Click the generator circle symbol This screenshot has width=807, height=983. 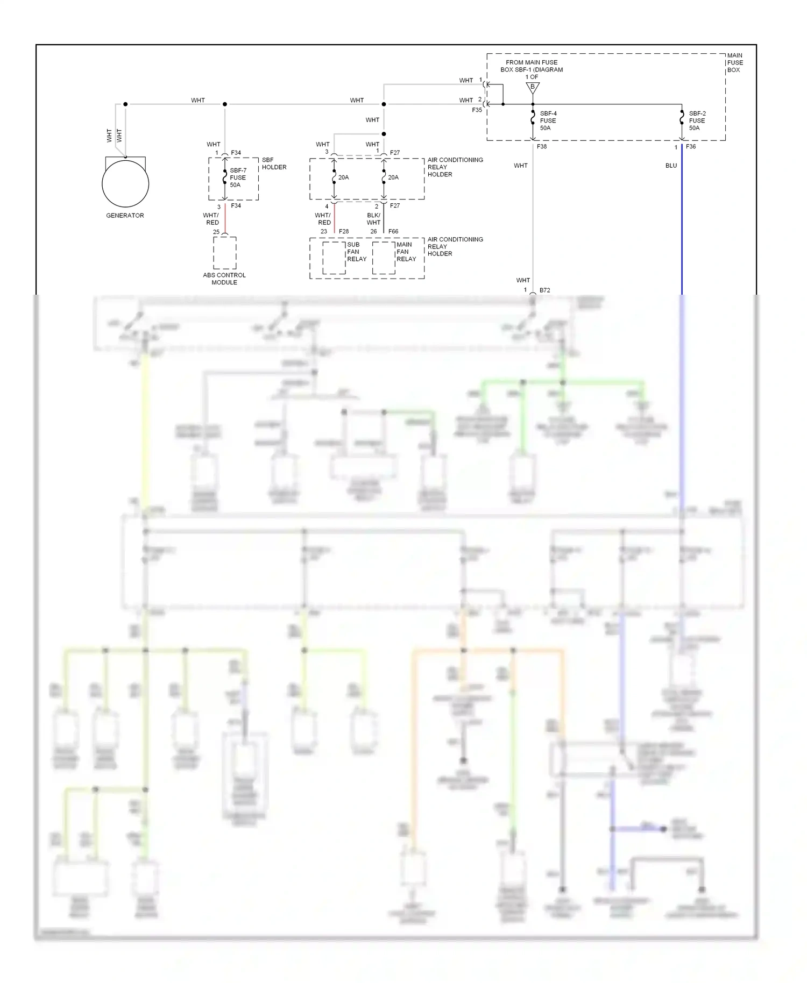125,183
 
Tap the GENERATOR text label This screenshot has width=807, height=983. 125,216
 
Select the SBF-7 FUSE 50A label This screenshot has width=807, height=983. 238,177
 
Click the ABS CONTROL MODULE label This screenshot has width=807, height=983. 224,279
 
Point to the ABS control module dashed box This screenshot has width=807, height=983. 224,253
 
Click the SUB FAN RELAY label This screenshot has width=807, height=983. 356,252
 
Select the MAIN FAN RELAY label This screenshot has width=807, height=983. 406,252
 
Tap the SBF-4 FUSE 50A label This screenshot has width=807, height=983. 548,121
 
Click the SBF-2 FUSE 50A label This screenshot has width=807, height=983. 697,121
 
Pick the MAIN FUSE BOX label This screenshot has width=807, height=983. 735,62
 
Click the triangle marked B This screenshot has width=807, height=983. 533,87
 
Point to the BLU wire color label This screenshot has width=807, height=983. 671,166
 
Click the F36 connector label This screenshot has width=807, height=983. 691,146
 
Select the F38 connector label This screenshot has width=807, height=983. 542,146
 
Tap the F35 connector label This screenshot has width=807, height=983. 477,110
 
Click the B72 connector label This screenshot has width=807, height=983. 544,290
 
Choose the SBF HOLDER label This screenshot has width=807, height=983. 274,163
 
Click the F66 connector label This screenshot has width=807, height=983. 393,232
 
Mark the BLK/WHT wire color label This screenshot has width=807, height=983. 373,219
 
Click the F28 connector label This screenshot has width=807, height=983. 344,232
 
